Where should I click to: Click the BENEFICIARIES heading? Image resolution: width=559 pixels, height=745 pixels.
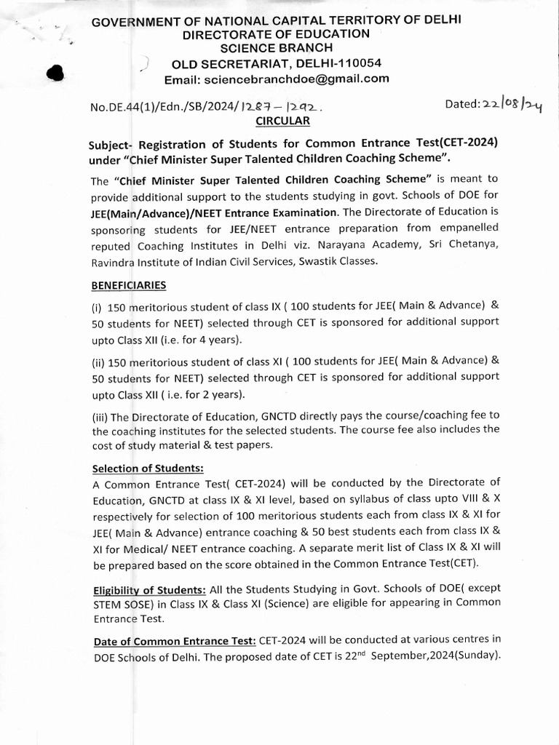[x=129, y=284]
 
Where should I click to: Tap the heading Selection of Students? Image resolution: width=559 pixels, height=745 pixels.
[x=148, y=469]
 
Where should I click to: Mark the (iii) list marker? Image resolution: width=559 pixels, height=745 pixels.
[x=100, y=415]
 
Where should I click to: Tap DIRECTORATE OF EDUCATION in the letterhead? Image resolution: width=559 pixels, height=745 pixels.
[x=276, y=33]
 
